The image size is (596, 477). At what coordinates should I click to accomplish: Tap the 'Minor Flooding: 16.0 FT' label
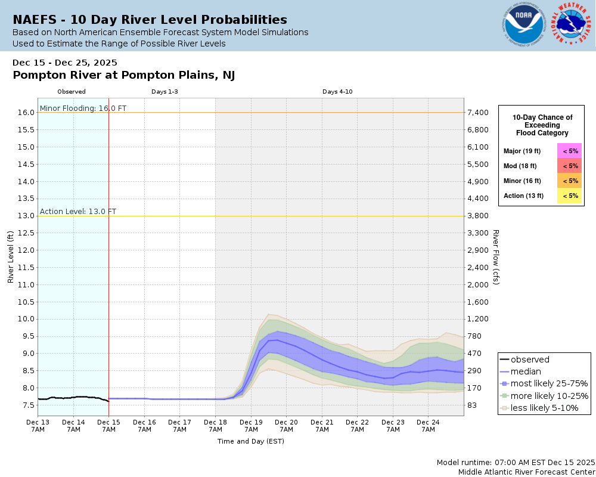pos(83,109)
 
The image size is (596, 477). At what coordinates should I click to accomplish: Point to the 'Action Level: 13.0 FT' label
pos(78,212)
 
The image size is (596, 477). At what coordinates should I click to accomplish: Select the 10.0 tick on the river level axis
pos(25,319)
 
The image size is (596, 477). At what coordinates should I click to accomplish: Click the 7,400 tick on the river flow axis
pos(479,113)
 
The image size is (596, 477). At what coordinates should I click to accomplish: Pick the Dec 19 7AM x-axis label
pos(251,425)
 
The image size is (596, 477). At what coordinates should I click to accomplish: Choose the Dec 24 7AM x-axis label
pos(428,425)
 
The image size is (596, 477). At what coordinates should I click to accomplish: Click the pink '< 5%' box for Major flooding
pos(570,151)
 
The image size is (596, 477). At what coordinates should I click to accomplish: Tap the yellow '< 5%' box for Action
pos(570,196)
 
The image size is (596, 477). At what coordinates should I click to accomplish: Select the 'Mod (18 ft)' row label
pos(520,166)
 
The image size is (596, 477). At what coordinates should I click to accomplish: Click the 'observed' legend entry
pos(530,360)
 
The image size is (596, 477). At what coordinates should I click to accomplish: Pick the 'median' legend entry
pos(526,371)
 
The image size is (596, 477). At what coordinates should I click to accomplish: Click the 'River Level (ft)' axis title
pos(11,256)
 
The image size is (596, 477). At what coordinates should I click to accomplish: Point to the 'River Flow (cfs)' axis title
pos(495,256)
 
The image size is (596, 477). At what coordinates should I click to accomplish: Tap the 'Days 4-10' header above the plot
pos(337,92)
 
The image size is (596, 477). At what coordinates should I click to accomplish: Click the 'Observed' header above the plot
pos(72,92)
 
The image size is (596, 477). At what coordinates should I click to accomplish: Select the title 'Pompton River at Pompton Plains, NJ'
pos(123,75)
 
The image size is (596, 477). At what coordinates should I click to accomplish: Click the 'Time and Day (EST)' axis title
pos(250,442)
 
